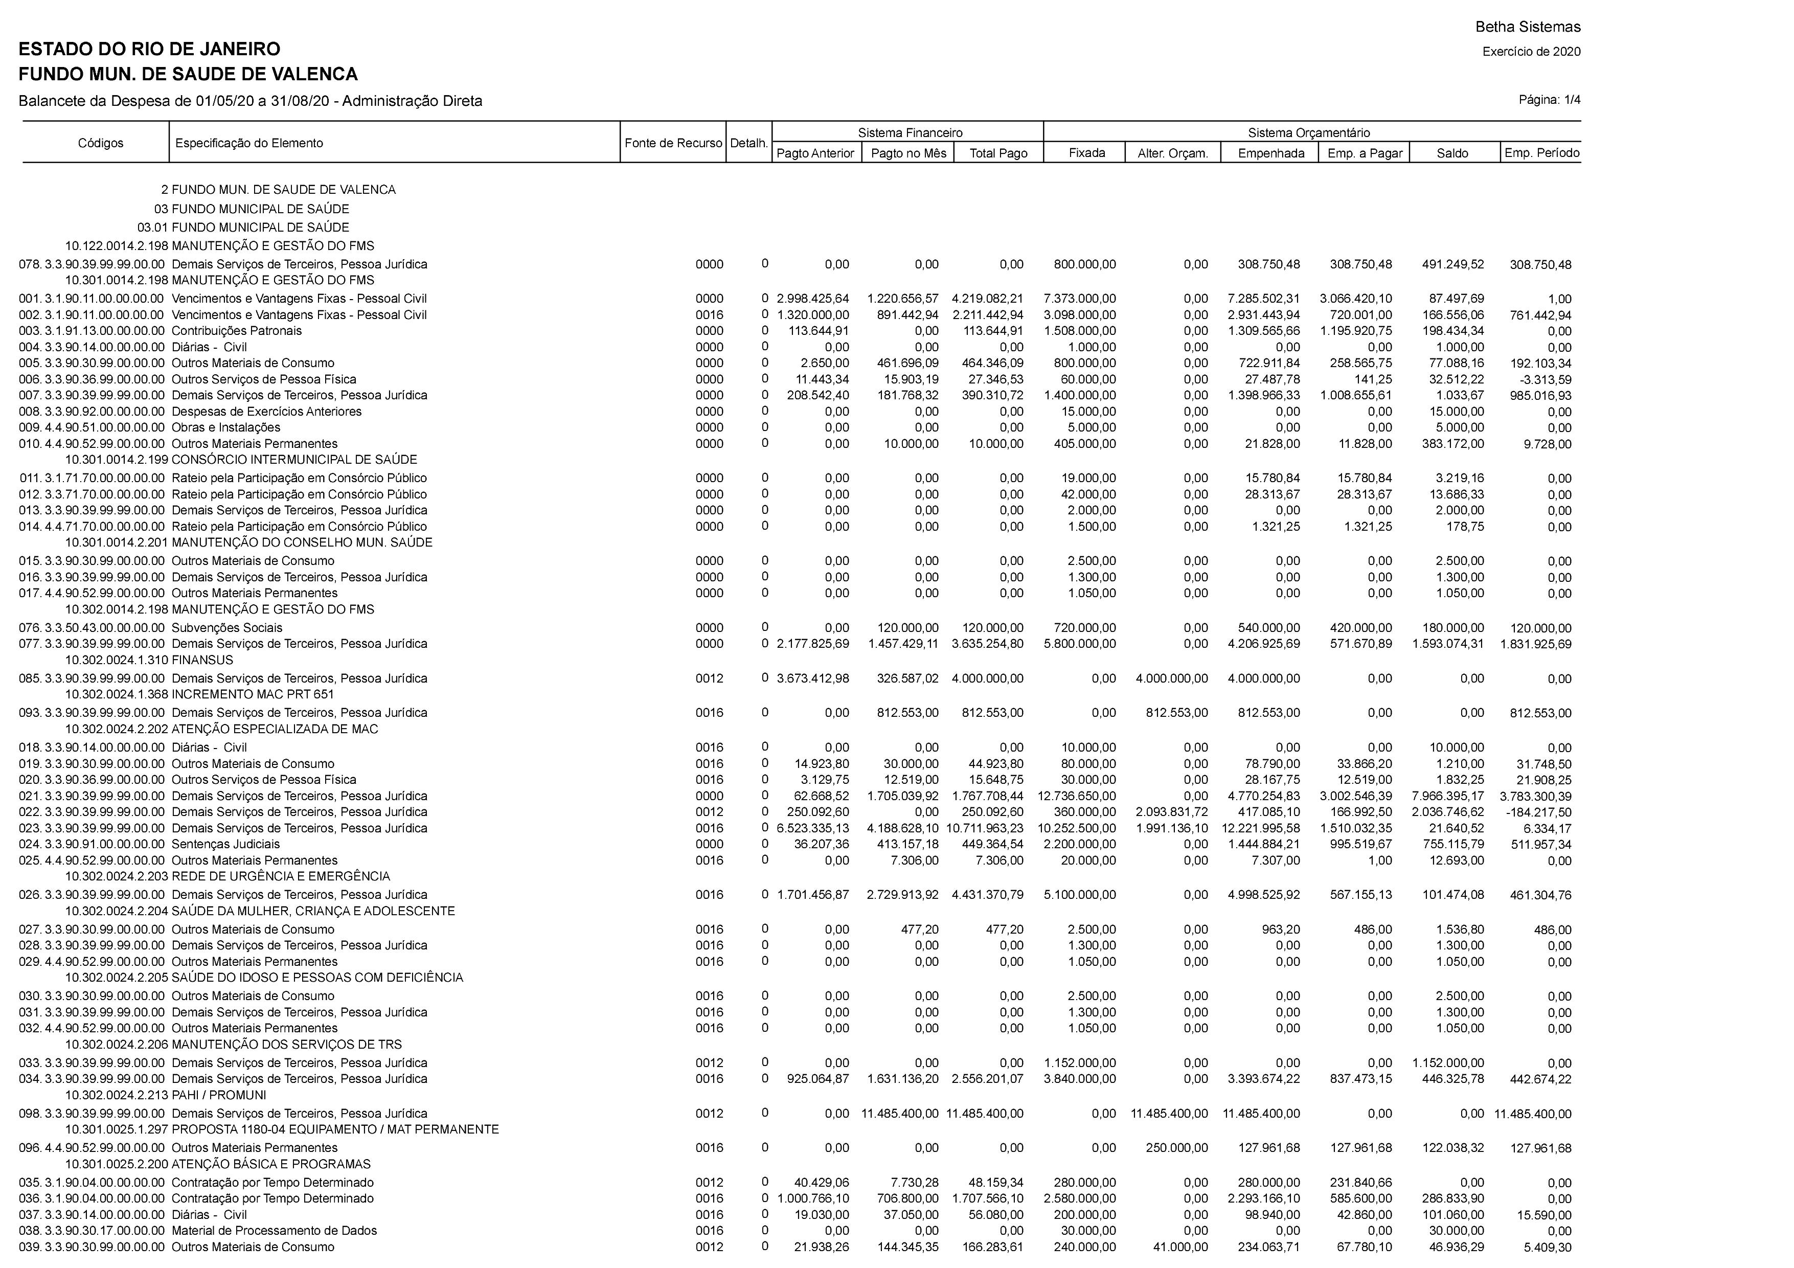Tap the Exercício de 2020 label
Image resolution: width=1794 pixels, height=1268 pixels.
1531,52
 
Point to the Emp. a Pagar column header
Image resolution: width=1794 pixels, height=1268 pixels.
1364,153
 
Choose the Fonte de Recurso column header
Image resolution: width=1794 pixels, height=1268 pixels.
673,143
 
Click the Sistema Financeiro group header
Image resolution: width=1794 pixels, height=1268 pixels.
910,133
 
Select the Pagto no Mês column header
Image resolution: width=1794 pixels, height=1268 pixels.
908,153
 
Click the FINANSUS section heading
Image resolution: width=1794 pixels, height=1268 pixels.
202,660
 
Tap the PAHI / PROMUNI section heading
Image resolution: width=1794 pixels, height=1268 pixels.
219,1095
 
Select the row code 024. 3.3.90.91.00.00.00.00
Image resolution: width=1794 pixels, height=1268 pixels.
92,845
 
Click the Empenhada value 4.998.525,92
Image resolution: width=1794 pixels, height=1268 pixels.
1263,895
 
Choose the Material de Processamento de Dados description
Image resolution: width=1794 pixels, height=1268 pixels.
274,1231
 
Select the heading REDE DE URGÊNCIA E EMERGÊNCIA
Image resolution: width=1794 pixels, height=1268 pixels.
281,876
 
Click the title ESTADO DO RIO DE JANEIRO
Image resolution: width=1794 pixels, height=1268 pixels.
149,49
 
